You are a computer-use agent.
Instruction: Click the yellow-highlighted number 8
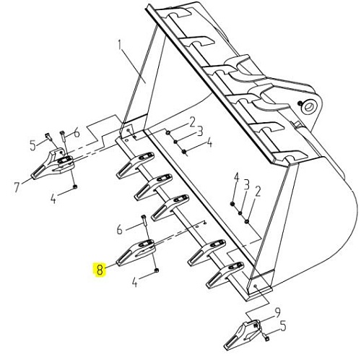[100, 270]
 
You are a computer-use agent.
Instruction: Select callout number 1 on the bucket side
[120, 46]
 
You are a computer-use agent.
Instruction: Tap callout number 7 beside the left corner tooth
[17, 187]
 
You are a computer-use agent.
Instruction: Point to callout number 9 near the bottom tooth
[277, 313]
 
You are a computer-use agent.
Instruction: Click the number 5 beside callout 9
[283, 327]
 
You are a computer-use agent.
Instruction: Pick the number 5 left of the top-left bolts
[32, 145]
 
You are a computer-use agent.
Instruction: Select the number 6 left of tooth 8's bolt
[120, 229]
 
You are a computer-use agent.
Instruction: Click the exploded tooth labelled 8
[136, 252]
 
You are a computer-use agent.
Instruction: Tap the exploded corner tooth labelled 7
[53, 164]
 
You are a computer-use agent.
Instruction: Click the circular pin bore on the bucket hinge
[309, 106]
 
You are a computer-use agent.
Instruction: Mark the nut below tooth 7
[75, 187]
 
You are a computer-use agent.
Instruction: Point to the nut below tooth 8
[156, 270]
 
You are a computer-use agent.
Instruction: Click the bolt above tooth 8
[144, 220]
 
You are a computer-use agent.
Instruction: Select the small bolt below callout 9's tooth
[266, 337]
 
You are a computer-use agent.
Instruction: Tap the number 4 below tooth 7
[53, 199]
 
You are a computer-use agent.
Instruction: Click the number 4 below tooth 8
[135, 282]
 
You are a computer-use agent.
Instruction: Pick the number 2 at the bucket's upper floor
[192, 123]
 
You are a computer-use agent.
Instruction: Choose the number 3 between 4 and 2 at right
[246, 186]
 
